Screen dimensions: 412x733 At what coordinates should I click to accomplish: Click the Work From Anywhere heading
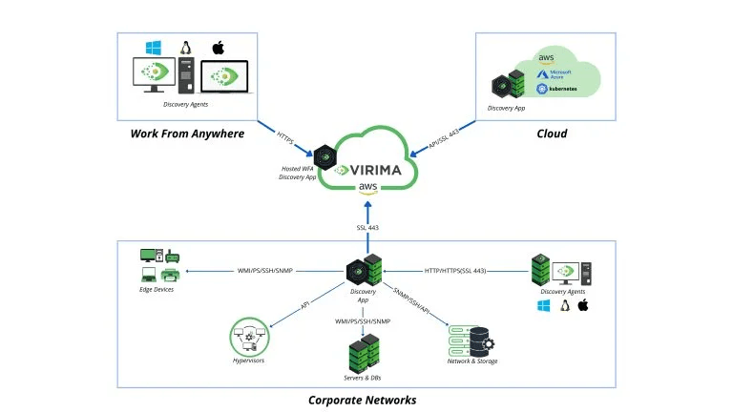[187, 134]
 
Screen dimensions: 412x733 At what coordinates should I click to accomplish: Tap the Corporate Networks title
[362, 400]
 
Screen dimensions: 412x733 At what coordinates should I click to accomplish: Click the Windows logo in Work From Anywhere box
[152, 47]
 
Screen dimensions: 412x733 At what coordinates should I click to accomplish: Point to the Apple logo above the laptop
[219, 47]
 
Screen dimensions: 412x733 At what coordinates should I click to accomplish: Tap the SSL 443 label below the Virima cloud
[367, 228]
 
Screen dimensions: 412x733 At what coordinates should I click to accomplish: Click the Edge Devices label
[157, 289]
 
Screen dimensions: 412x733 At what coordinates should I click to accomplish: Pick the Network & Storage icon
[471, 338]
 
